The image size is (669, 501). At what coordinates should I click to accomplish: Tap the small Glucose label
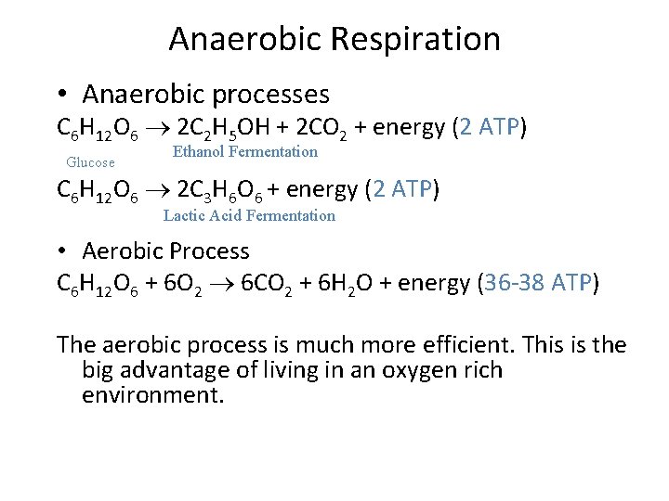pos(91,162)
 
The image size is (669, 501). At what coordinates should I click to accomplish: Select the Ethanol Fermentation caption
pos(245,151)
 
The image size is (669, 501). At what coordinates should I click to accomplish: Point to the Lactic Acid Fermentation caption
pos(249,216)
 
